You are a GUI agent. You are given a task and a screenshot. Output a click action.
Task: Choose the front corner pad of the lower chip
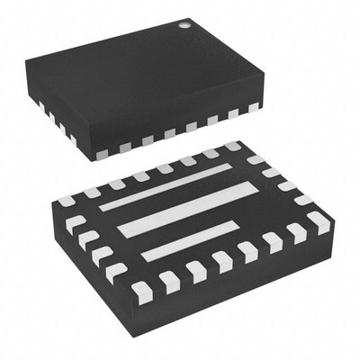point(141,290)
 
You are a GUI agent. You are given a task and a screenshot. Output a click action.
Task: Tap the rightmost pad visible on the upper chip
point(254,107)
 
